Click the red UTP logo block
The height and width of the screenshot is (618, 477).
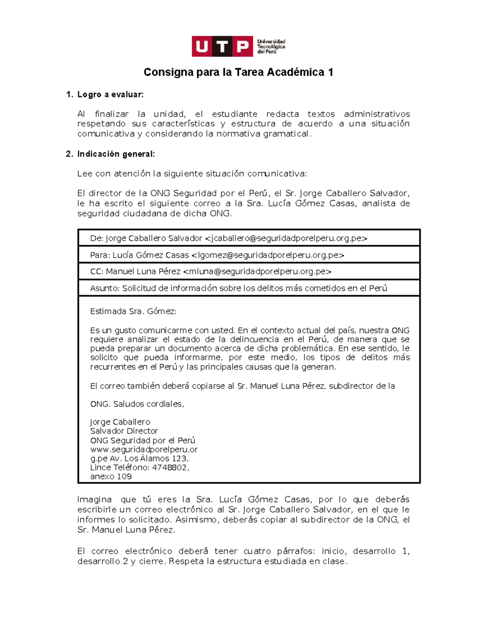[222, 47]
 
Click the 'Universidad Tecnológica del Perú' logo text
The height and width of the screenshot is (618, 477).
[271, 47]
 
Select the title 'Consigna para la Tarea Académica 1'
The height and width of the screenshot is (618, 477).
[238, 72]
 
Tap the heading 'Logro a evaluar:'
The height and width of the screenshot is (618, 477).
[110, 95]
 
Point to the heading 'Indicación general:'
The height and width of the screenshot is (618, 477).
[116, 154]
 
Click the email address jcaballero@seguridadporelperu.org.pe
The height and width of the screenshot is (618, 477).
[286, 238]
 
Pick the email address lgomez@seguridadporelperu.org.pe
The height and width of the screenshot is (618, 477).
[268, 255]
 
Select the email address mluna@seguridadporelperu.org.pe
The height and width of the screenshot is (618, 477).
[257, 271]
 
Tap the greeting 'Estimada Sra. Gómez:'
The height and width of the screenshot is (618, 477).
[133, 311]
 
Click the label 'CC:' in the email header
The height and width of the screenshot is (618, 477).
[97, 271]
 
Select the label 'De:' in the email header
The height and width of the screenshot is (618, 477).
[97, 238]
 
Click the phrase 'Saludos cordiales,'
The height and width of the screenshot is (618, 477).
[149, 404]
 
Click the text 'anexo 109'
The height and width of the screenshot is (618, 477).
[111, 477]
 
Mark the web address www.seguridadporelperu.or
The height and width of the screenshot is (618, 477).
[144, 450]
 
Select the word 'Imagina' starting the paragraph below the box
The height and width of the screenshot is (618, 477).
[94, 500]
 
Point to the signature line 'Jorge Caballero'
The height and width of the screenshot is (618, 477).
[120, 422]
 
